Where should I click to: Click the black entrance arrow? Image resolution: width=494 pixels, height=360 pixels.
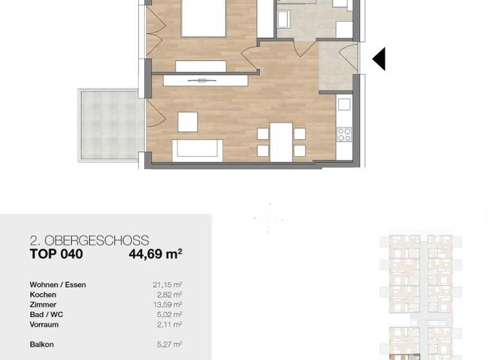point(380,59)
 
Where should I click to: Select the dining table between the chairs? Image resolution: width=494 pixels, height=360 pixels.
point(281,141)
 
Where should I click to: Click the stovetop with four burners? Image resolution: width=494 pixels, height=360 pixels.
point(344,134)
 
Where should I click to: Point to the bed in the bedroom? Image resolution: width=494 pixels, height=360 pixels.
point(203,18)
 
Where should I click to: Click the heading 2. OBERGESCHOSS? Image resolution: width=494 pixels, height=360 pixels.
point(89,241)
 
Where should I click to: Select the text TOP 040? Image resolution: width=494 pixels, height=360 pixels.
point(56,254)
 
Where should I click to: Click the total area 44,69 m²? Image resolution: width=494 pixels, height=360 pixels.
point(155,254)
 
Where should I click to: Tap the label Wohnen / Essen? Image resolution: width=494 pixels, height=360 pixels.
point(57,285)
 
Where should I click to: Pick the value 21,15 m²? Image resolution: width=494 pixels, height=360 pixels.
point(167,285)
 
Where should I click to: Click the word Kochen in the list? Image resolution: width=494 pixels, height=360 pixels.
point(42,295)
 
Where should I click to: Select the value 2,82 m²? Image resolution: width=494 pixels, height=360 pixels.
point(169,295)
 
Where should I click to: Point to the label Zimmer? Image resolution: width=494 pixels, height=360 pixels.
point(42,305)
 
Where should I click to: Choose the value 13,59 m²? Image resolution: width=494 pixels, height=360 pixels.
point(167,305)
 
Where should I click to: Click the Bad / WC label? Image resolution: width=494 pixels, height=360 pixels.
point(46,315)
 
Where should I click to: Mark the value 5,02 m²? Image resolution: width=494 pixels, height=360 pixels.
point(169,315)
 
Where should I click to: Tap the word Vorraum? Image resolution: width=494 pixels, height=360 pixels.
point(44,325)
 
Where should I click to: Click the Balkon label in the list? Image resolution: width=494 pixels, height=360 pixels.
point(41,345)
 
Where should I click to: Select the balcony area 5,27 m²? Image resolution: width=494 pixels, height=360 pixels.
point(169,345)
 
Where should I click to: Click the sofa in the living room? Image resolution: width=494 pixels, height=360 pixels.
point(197,149)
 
